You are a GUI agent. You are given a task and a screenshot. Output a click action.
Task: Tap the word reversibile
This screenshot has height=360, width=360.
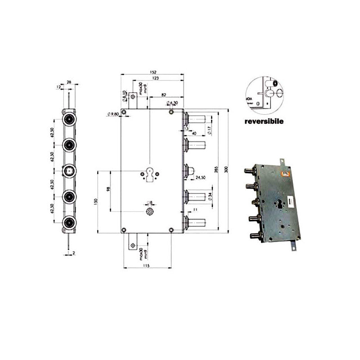tap(263, 121)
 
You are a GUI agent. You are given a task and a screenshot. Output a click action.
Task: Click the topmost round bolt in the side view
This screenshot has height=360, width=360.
tap(69, 119)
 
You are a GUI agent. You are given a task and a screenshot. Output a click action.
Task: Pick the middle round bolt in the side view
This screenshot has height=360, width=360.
tap(69, 171)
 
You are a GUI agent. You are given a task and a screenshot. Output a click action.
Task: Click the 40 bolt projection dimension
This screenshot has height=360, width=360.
tap(194, 133)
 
